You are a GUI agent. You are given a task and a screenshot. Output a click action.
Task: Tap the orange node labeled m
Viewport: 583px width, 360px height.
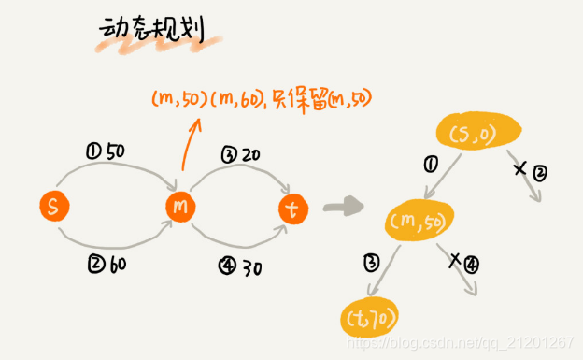180,206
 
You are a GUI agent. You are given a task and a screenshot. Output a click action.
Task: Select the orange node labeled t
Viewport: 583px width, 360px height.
292,210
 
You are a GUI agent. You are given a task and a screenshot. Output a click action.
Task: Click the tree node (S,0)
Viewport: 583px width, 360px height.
477,136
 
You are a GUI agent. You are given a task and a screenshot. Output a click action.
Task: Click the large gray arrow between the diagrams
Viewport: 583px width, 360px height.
345,205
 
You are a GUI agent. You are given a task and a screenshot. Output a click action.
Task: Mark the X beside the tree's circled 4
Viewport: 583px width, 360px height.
455,261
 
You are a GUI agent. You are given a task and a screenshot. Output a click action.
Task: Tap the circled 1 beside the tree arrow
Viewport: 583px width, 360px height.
431,165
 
